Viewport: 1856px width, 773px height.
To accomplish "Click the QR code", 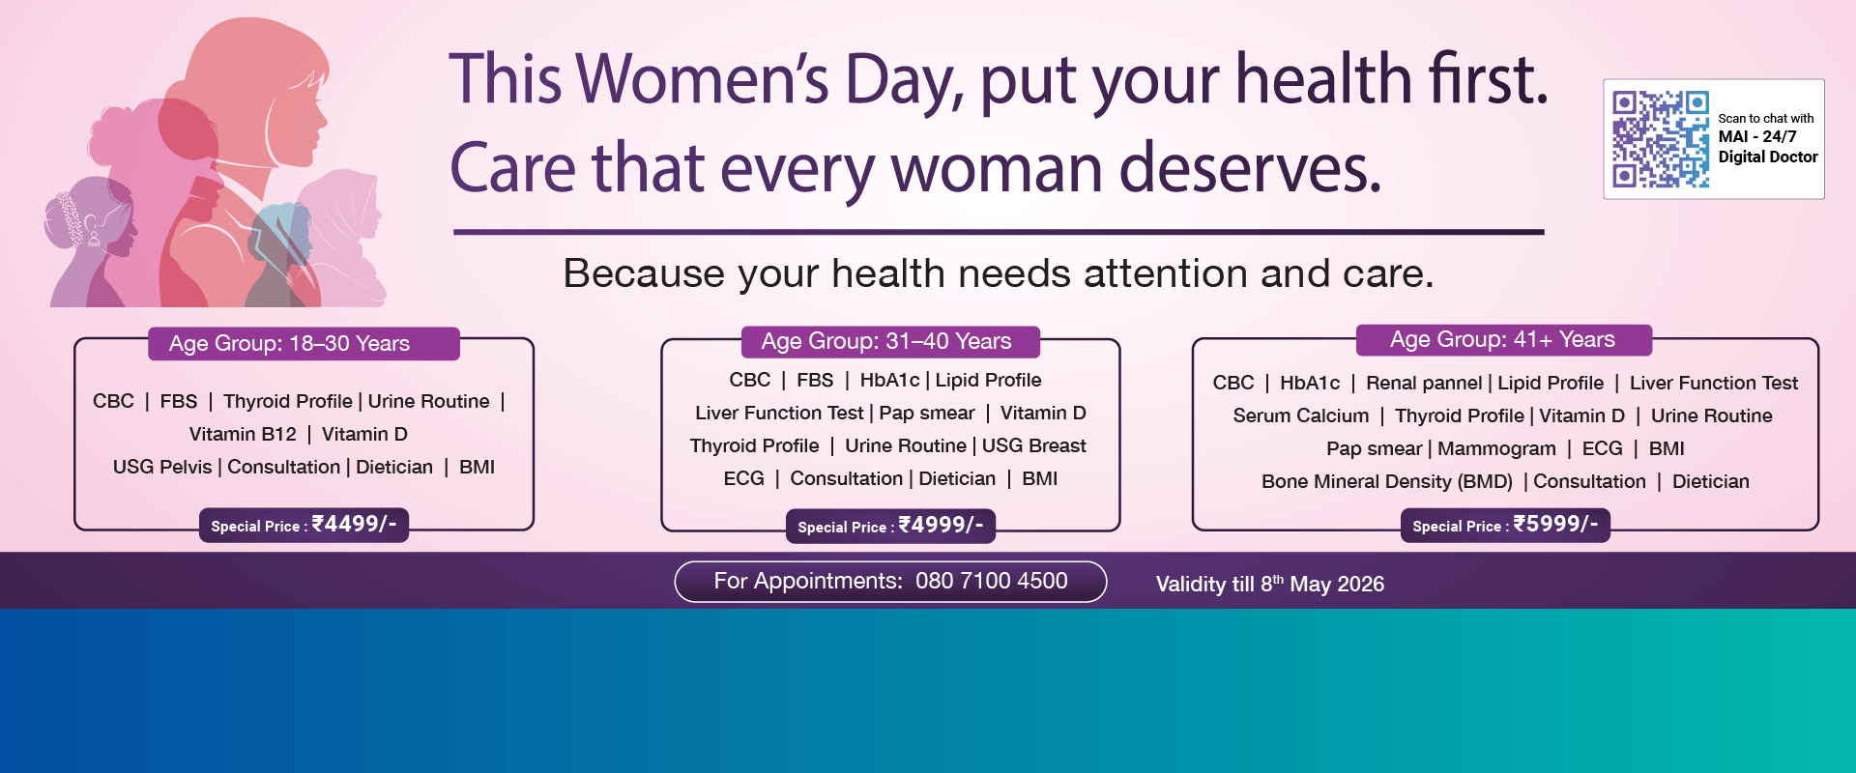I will [x=1660, y=139].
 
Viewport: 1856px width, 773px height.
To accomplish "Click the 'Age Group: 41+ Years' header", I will [x=1503, y=340].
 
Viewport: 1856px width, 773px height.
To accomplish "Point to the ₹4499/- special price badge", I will [x=304, y=525].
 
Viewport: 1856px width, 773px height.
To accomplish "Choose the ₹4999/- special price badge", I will [x=890, y=526].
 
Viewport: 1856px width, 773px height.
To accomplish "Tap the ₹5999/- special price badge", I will [x=1505, y=525].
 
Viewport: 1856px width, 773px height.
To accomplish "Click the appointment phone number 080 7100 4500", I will [x=991, y=581].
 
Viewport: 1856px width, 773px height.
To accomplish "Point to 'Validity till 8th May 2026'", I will [x=1269, y=584].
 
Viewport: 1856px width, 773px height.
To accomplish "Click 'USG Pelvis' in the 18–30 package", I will [x=162, y=468].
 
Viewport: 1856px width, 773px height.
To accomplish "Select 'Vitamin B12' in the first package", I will [x=243, y=435].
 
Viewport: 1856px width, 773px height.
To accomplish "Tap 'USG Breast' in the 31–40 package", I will [x=1033, y=446].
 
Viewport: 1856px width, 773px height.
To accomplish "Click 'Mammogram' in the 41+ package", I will [x=1496, y=449].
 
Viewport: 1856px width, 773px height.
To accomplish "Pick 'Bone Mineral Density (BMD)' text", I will [x=1386, y=482].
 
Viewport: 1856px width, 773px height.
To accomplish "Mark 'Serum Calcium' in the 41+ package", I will [x=1300, y=416].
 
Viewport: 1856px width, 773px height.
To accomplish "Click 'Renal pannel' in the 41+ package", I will [x=1423, y=384].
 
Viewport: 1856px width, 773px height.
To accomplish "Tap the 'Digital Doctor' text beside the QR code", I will [x=1767, y=157].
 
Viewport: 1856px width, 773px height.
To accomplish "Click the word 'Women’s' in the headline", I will [x=707, y=79].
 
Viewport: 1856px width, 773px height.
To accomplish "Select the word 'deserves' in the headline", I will [x=1250, y=169].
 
